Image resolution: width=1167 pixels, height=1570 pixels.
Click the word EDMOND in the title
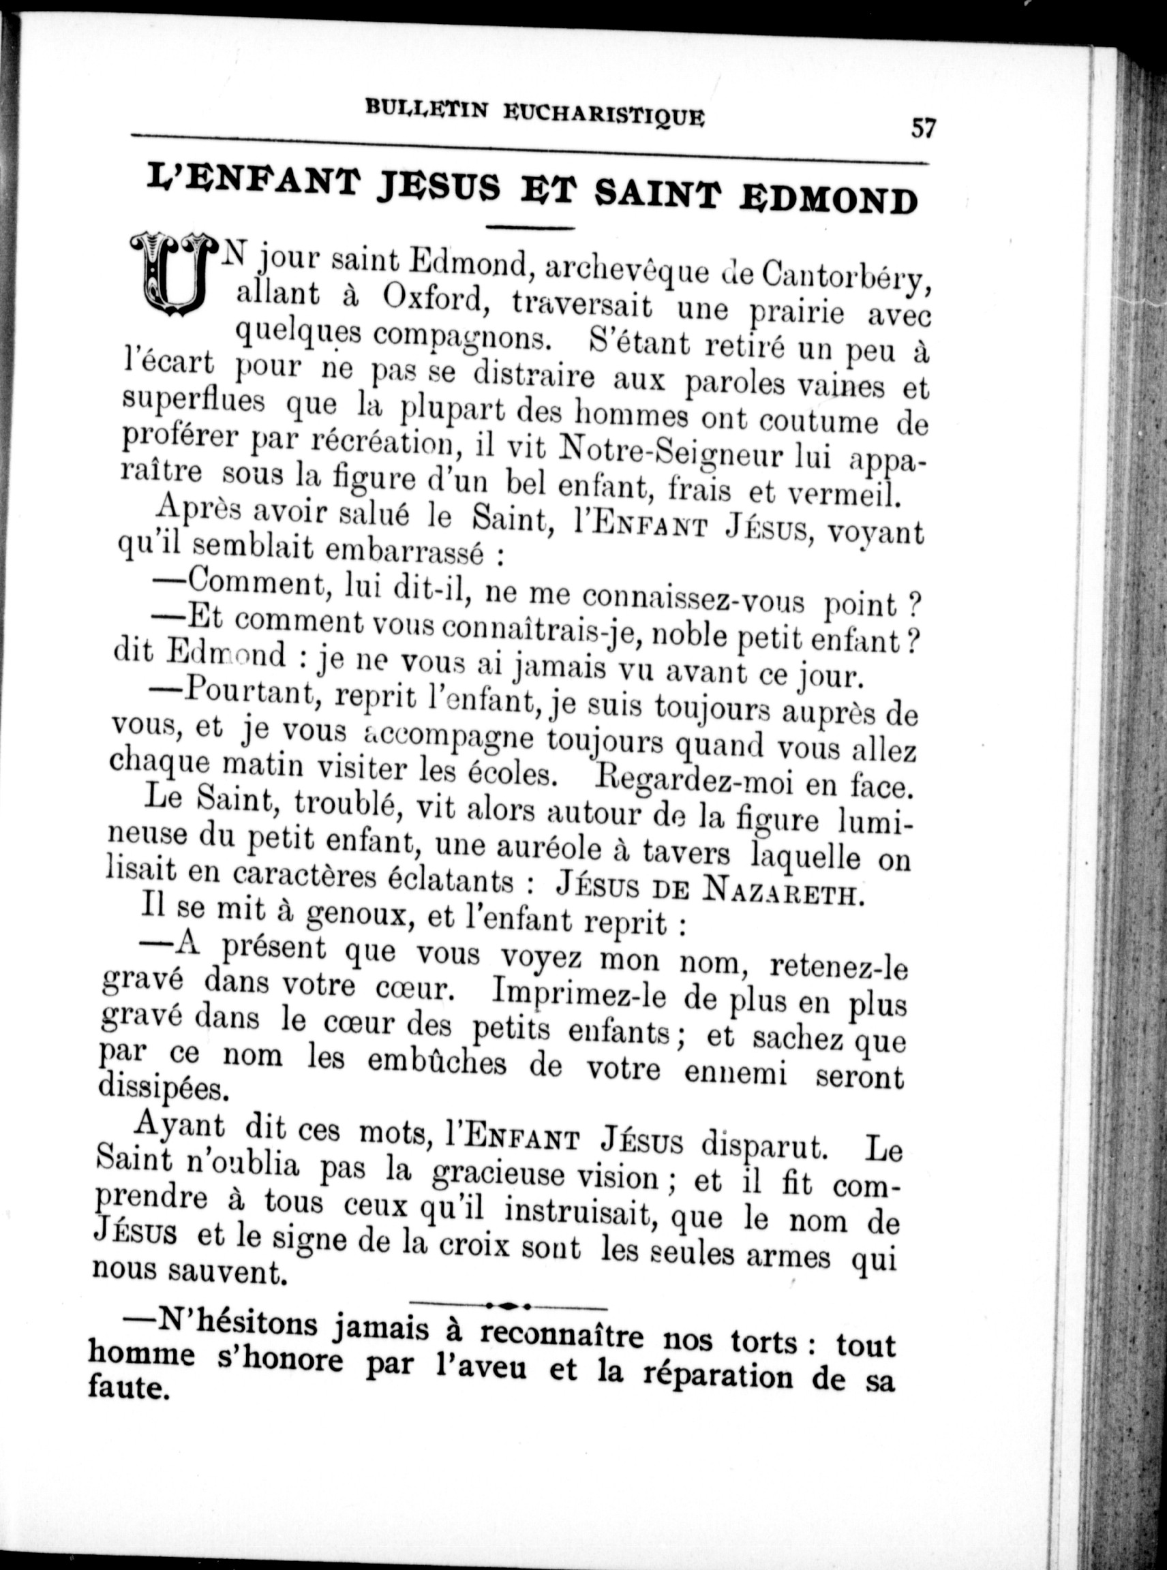pos(828,200)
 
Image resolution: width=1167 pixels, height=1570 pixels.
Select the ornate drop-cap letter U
pos(173,274)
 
